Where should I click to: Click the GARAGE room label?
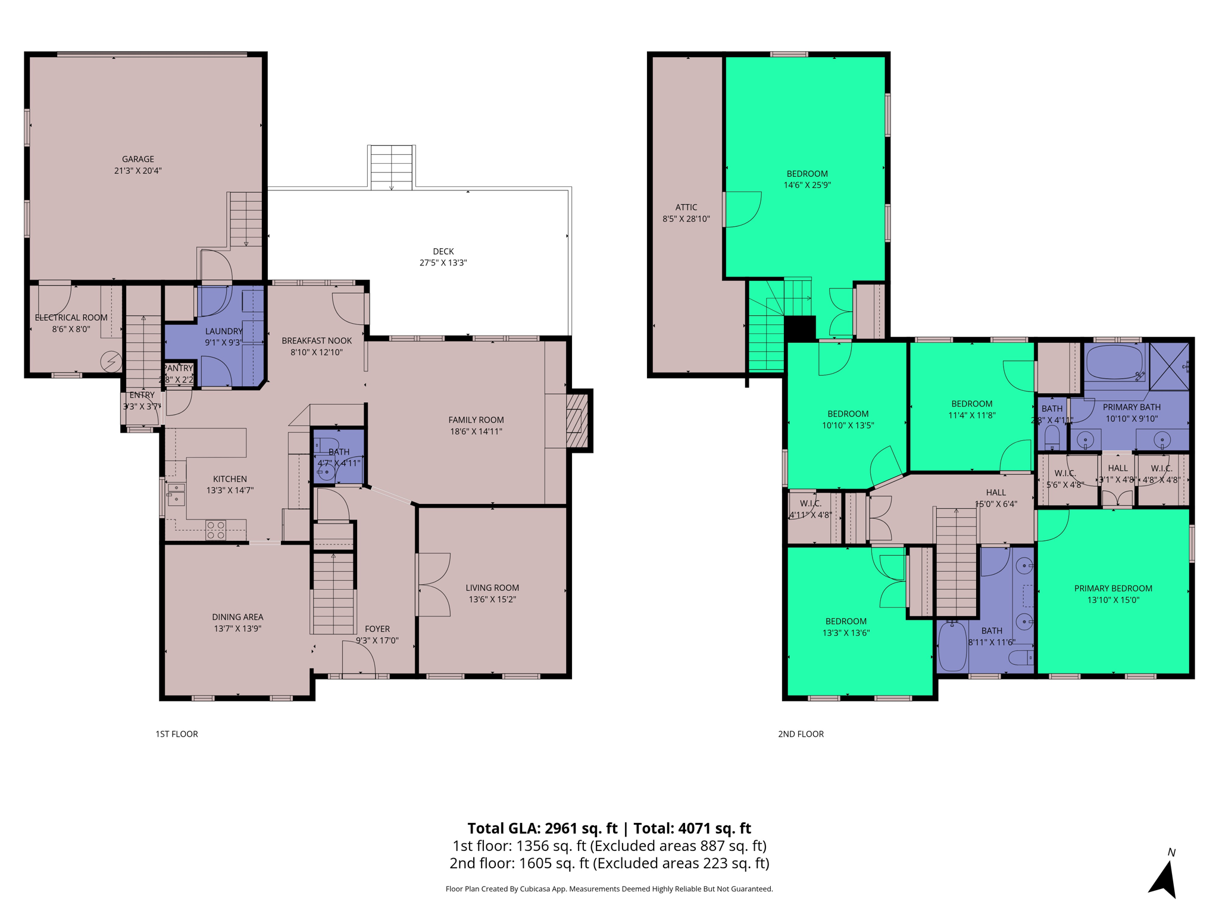[x=138, y=159]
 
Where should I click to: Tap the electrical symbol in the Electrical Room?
[x=111, y=361]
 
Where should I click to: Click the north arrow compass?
[x=1164, y=877]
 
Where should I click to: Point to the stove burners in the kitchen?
[x=215, y=530]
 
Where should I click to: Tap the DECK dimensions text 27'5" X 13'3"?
[x=443, y=262]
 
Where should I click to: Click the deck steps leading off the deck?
[x=391, y=167]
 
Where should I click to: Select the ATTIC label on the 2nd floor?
[x=686, y=207]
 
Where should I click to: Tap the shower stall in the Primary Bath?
[x=1168, y=366]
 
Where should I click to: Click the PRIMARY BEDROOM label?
[x=1112, y=588]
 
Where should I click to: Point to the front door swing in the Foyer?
[x=358, y=658]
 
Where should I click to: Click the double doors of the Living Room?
[x=433, y=584]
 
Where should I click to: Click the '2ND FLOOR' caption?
[x=801, y=734]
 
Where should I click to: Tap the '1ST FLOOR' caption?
[x=177, y=734]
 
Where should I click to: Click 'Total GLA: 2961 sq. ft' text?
[x=542, y=828]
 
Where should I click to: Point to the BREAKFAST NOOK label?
[x=316, y=340]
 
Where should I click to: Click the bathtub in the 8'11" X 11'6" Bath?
[x=952, y=646]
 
